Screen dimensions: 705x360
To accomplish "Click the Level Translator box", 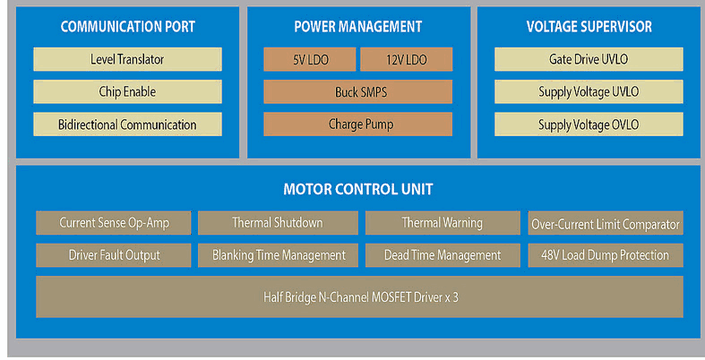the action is coord(127,59).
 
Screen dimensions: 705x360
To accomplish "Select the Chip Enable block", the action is coord(127,91).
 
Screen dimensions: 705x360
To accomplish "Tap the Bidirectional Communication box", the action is coord(127,124).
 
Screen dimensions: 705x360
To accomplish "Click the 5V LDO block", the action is coord(310,59).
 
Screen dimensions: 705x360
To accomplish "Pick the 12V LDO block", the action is coord(407,59).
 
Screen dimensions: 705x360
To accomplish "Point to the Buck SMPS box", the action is coord(358,91).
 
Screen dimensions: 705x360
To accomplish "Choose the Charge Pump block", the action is coord(358,124).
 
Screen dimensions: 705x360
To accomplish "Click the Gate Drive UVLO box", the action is coord(589,59).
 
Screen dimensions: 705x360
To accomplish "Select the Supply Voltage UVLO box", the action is coord(589,91).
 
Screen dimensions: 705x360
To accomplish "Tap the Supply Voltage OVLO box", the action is coord(589,124).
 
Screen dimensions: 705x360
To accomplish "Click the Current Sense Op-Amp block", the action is coord(114,223).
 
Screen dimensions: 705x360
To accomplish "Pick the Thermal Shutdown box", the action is coord(278,223).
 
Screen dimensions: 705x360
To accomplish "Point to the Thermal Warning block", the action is coord(443,223).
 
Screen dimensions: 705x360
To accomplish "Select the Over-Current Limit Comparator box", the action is coord(606,223).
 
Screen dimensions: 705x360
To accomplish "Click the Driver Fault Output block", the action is coord(114,255).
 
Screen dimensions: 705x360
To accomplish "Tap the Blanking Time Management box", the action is coord(278,255).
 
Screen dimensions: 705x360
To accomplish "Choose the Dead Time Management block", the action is coord(443,255).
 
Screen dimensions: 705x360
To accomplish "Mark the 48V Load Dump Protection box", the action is coord(606,255).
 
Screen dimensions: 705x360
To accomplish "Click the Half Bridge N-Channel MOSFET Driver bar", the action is coord(360,296).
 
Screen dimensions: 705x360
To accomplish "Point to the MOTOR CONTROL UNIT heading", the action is coord(358,189).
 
